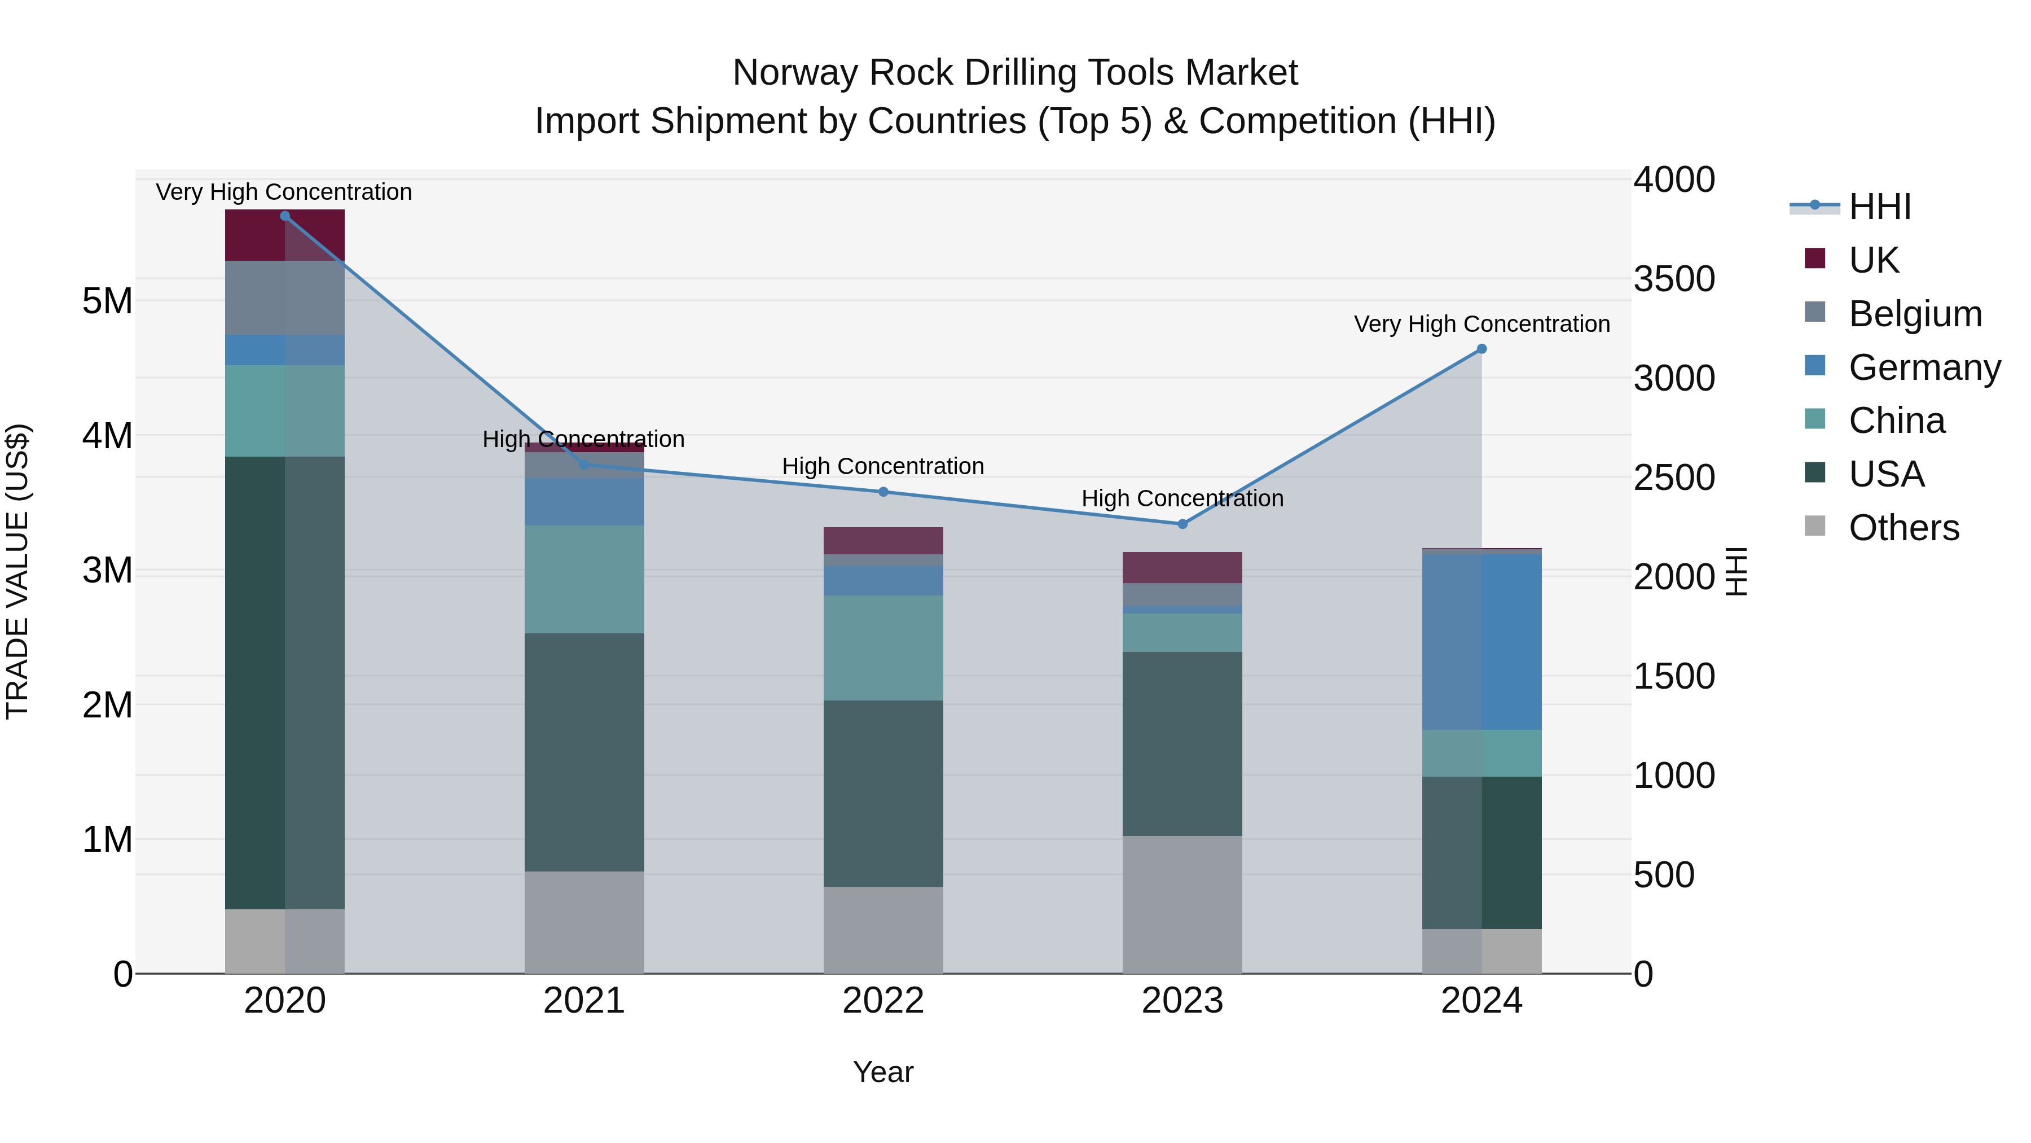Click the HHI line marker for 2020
point(285,216)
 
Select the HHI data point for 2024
point(1482,349)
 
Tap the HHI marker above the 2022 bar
point(883,492)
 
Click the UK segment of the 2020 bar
point(285,235)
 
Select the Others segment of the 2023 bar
point(1182,904)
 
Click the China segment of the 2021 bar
point(584,579)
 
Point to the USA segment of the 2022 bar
point(883,793)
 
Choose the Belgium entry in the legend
point(1914,313)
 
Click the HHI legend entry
point(1880,207)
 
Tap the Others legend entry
point(1903,528)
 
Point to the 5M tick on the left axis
point(107,300)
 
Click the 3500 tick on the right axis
point(1673,279)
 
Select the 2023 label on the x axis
point(1182,1001)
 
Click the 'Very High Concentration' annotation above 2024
point(1482,324)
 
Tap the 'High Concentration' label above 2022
point(883,466)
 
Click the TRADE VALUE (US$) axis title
point(17,571)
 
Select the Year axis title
point(883,1072)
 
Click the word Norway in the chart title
point(795,73)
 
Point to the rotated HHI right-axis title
point(1736,571)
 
